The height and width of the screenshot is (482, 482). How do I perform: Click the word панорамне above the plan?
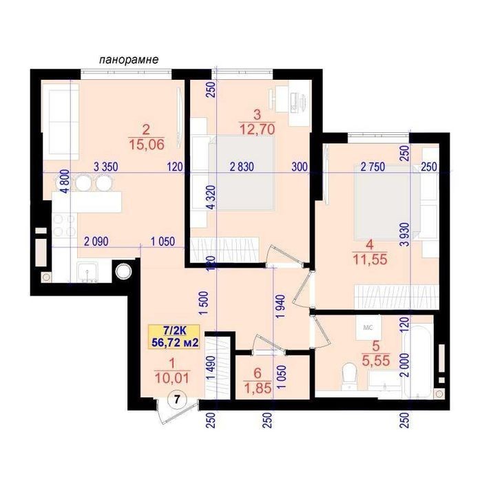tap(129, 59)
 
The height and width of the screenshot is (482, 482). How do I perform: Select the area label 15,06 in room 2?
tap(147, 145)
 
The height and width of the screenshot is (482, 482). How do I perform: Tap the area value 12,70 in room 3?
tap(258, 129)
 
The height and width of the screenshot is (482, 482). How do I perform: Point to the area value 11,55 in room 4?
tap(370, 260)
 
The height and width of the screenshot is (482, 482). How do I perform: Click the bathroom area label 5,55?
tap(376, 360)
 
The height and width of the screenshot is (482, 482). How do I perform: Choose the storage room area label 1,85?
tap(258, 388)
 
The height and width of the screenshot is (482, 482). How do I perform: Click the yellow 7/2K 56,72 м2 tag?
tap(174, 337)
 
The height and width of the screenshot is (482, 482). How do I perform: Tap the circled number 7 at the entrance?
tap(176, 399)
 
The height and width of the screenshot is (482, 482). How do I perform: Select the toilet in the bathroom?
tap(348, 377)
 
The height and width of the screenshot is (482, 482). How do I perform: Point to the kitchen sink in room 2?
tap(87, 272)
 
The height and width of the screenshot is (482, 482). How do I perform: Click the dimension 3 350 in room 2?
tap(106, 167)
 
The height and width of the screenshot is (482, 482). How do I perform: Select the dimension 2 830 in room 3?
tap(242, 167)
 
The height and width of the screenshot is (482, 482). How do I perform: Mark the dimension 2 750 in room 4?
tap(373, 167)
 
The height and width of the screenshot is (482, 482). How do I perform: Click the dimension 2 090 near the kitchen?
tap(96, 241)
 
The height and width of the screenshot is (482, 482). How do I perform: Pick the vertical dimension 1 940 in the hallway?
tap(281, 307)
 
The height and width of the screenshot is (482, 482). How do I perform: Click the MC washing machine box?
tap(368, 327)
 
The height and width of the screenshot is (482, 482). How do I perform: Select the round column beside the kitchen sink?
tap(123, 271)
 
